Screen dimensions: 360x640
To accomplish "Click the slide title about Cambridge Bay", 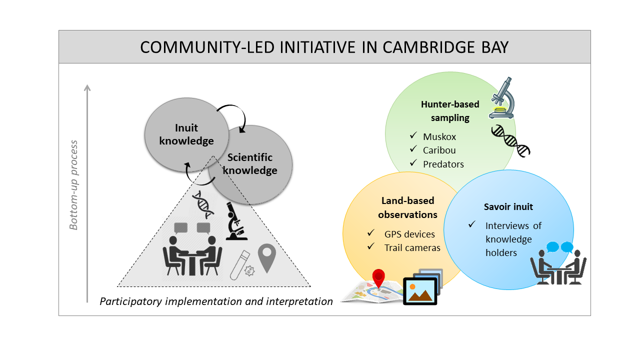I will click(x=324, y=47).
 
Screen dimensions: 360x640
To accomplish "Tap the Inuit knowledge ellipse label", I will click(x=186, y=134).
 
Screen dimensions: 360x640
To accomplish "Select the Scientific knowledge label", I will click(x=250, y=164).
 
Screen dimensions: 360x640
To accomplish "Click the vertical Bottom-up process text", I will click(x=74, y=185).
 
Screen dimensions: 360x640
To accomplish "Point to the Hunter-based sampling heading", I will click(x=450, y=111).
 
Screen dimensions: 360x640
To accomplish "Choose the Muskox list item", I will click(x=439, y=136).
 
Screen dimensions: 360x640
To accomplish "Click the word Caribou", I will click(x=439, y=150).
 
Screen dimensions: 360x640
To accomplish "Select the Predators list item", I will click(x=443, y=164).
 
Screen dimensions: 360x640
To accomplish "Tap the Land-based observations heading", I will click(x=407, y=207).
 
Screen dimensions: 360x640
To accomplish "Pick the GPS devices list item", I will click(x=409, y=234).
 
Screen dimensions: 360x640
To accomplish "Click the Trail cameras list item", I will click(x=412, y=247).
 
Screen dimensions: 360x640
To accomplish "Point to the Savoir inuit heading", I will click(x=508, y=207).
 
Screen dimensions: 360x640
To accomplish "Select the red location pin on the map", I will click(x=379, y=278).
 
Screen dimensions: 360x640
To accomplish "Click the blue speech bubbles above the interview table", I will click(x=559, y=247).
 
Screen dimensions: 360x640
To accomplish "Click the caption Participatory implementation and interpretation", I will click(x=216, y=301).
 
